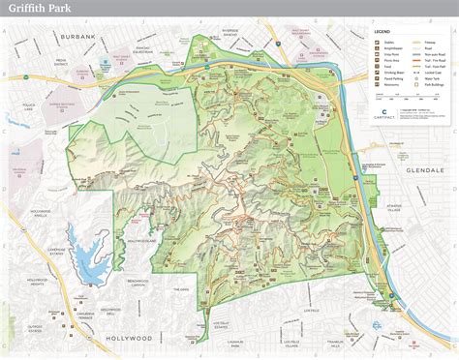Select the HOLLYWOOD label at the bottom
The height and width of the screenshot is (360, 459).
128,339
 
